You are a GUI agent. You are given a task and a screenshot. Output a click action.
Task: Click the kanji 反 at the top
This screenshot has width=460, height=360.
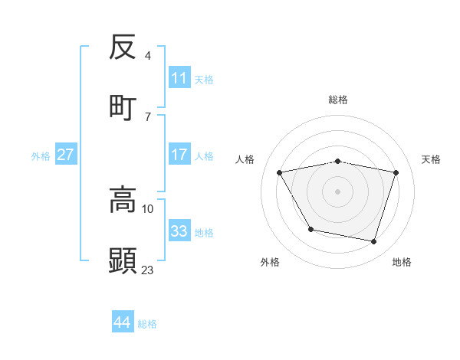[123, 47]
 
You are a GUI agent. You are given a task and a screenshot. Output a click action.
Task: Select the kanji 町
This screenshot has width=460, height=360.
[123, 105]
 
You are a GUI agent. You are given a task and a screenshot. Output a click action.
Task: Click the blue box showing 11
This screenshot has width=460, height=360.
[179, 78]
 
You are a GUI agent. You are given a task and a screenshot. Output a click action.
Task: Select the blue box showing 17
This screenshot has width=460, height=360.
[179, 155]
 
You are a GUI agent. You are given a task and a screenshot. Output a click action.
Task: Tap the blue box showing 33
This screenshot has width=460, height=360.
[179, 231]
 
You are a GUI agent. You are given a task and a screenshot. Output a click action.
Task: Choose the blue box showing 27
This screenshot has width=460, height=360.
[66, 155]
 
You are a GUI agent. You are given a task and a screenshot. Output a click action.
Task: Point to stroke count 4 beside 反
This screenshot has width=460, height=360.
[148, 56]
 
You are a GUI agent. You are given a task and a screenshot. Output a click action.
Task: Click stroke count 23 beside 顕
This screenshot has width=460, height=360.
[148, 270]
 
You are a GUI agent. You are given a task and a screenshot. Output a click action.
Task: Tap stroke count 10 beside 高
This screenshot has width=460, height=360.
[148, 208]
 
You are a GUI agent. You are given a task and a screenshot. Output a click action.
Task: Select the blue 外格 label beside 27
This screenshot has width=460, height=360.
[41, 156]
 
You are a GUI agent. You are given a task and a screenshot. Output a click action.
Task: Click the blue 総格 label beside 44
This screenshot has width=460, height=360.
[147, 324]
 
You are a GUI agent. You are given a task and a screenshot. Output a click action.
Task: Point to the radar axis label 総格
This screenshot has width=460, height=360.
[338, 100]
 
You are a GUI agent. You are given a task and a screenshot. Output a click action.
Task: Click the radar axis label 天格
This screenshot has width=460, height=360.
[431, 159]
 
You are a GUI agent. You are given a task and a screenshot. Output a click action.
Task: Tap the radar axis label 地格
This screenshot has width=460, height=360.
[402, 263]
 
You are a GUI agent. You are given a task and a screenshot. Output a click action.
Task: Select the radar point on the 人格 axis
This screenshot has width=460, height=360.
[280, 172]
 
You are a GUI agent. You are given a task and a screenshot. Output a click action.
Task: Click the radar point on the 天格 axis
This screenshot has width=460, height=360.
[396, 172]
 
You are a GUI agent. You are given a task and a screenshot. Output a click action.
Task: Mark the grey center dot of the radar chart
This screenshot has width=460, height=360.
[337, 191]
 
